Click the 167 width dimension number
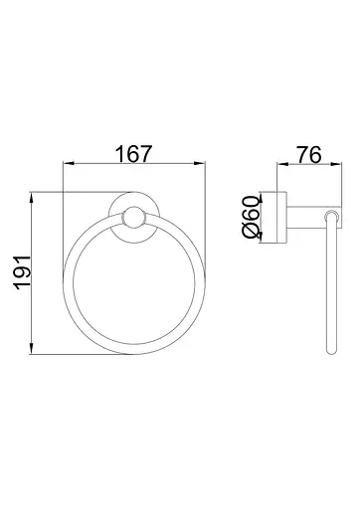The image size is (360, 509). [133, 154]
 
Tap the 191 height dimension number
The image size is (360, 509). [23, 272]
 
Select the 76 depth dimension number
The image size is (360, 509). [309, 155]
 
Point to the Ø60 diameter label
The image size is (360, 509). [251, 217]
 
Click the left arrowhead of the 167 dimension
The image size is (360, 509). [68, 163]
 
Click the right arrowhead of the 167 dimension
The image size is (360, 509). [200, 163]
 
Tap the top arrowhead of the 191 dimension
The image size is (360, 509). [31, 197]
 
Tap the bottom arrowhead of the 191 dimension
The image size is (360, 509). [31, 349]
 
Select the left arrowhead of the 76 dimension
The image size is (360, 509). [281, 163]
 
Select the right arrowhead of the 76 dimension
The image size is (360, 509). [336, 163]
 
